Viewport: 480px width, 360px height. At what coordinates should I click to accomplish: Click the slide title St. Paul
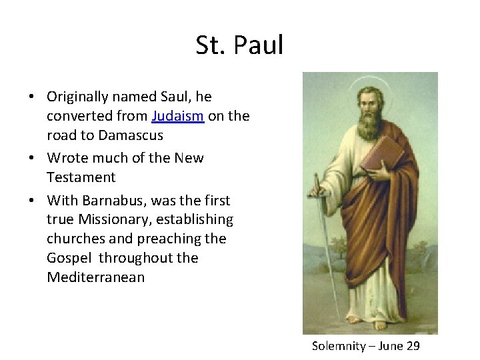coord(239,45)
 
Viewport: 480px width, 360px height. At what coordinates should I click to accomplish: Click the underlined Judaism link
coord(177,116)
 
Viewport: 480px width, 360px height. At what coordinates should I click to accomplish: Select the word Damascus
coord(130,135)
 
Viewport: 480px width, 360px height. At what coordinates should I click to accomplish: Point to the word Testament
coord(81,177)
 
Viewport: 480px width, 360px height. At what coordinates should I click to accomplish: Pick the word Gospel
coord(70,258)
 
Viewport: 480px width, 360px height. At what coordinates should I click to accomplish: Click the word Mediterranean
coord(95,277)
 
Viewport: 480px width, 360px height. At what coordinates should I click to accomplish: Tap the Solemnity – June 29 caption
coord(365,346)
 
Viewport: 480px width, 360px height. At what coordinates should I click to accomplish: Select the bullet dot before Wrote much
coord(32,159)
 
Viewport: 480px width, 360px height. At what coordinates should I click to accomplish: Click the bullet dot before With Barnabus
coord(32,201)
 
